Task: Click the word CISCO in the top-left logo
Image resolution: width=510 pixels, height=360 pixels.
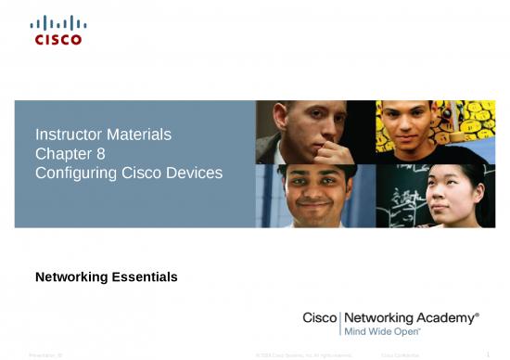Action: click(57, 39)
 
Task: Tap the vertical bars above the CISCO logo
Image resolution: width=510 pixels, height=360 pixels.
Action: click(57, 23)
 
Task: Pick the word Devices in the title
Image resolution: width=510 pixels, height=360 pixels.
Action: click(197, 173)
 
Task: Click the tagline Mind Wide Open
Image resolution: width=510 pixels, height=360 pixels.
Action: click(382, 330)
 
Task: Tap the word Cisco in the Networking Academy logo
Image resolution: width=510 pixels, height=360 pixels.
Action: click(321, 317)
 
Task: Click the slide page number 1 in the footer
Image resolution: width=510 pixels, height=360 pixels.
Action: click(489, 354)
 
